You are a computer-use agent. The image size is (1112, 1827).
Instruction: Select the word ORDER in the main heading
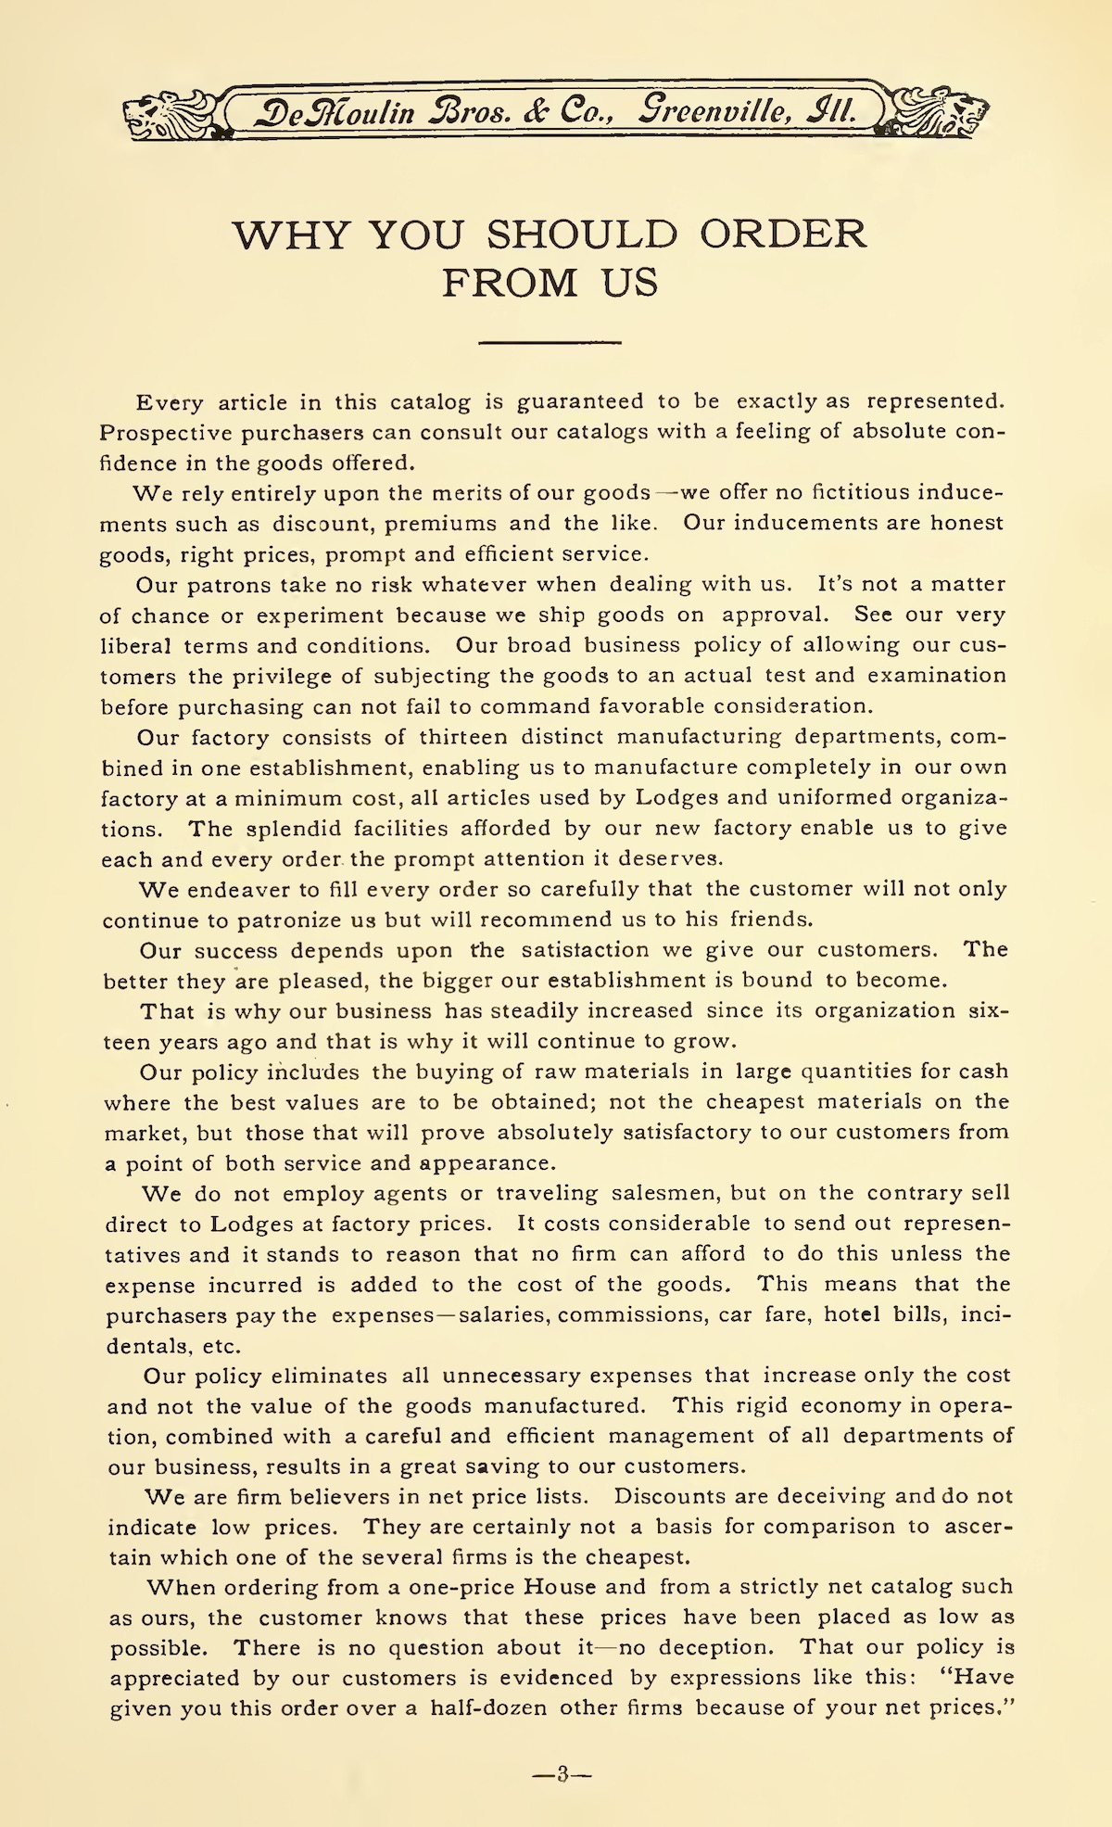783,235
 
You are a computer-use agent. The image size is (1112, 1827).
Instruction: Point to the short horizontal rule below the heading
550,344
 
